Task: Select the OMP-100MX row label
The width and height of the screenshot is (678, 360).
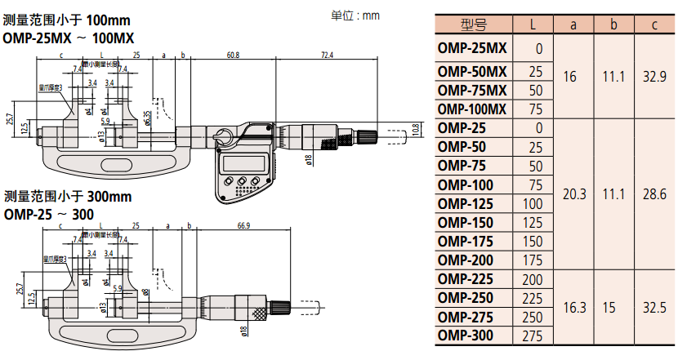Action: coord(472,109)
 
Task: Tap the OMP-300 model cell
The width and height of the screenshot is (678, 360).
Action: coord(466,336)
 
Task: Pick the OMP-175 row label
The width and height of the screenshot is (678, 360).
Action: coord(466,241)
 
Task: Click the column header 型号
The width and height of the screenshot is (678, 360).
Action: coord(472,24)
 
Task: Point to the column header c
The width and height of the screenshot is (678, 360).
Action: coord(654,24)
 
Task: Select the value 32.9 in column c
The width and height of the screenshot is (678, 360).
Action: coord(654,78)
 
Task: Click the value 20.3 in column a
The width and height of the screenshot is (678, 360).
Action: coord(574,193)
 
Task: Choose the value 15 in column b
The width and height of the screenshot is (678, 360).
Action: coord(613,307)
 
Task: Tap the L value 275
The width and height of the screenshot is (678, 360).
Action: coord(535,336)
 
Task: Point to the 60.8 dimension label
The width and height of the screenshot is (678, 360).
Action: coord(233,55)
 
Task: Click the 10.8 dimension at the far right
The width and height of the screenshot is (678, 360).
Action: coord(415,130)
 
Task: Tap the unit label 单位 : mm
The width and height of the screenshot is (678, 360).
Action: coord(355,15)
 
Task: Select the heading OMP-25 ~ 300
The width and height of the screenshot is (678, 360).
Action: coord(48,215)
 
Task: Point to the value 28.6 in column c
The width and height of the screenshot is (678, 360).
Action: coord(654,193)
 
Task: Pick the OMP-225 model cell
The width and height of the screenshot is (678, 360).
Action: coord(466,278)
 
